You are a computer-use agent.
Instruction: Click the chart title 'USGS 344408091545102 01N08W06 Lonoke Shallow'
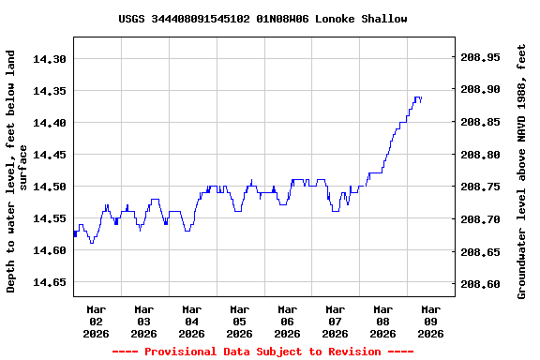(262, 19)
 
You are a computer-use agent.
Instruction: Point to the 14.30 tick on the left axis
(50, 59)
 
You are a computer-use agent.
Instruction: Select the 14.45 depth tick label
(50, 155)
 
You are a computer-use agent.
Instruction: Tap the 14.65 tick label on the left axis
(50, 282)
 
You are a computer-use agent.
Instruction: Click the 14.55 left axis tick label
(50, 218)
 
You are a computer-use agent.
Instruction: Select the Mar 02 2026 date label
(97, 321)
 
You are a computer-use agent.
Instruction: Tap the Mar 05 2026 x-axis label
(240, 321)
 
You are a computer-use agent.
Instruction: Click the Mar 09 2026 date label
(430, 321)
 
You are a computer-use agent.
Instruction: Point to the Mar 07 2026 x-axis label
(335, 321)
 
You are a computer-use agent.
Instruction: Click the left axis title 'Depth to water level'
(16, 171)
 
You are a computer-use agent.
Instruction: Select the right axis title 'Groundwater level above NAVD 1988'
(522, 171)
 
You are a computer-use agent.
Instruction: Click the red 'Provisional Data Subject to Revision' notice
(262, 352)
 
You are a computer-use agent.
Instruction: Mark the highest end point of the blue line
(419, 97)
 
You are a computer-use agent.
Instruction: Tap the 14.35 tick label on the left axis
(50, 91)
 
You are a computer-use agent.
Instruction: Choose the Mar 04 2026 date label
(192, 321)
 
